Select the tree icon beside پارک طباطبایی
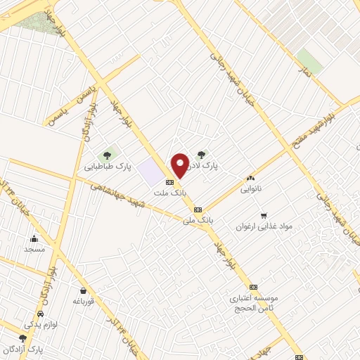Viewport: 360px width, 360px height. coord(108,155)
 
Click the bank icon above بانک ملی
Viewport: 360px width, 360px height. coord(198,209)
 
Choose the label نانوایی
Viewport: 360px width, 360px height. coord(250,189)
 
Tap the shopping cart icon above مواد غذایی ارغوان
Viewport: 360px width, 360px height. coord(264,215)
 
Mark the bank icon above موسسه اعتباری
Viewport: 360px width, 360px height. coord(253,287)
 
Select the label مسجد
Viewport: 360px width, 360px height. coord(34,249)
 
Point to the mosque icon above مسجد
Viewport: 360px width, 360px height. coord(34,238)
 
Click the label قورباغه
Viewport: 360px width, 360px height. coord(84,301)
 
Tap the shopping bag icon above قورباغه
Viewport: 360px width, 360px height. coord(84,290)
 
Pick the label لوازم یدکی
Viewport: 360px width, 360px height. coord(41,325)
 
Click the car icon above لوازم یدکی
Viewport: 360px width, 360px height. coord(41,314)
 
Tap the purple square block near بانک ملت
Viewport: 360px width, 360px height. coord(149,171)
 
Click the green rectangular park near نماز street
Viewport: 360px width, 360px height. coord(309,62)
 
